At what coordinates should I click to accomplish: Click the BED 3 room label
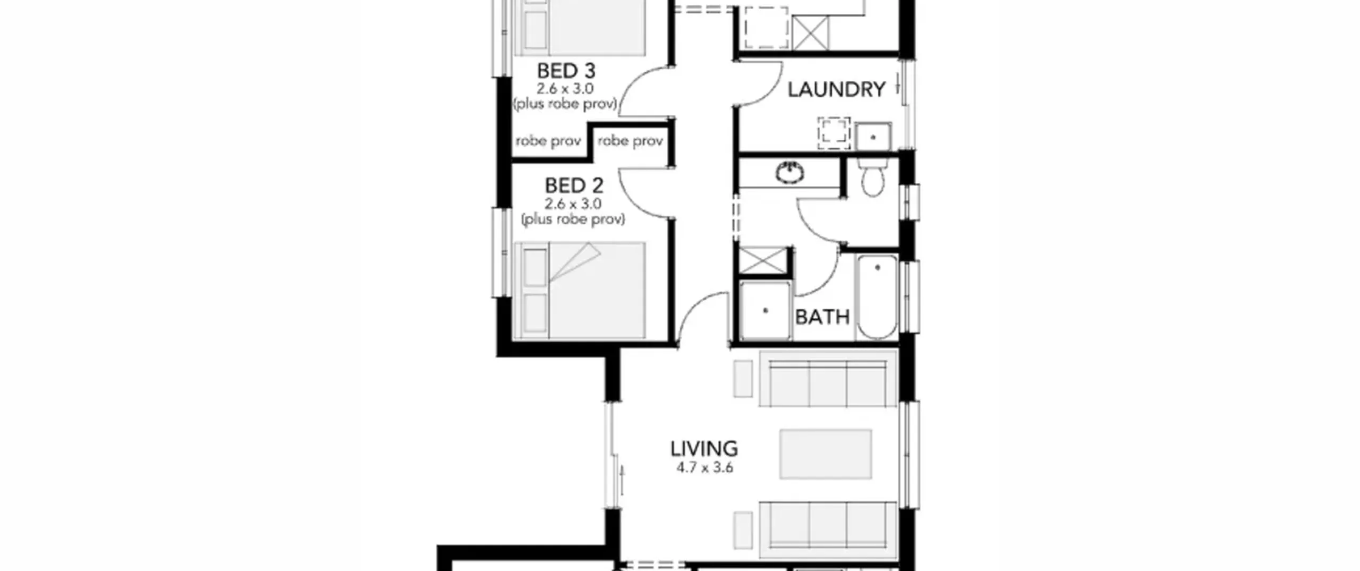pos(566,71)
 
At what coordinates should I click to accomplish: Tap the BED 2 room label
pos(574,186)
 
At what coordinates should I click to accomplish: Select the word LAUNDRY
pos(836,90)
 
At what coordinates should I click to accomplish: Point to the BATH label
pos(822,317)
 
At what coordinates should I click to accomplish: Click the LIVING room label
pos(704,449)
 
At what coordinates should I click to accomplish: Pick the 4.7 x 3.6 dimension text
pos(704,468)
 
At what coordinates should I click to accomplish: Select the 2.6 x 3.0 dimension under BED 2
pos(573,203)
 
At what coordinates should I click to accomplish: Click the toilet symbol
pos(872,175)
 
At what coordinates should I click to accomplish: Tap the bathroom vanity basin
pos(790,172)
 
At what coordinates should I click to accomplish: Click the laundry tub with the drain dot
pos(873,137)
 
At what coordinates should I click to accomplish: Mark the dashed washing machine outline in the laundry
pos(834,133)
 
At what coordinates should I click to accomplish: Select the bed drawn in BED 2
pos(580,291)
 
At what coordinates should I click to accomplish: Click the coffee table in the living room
pos(826,454)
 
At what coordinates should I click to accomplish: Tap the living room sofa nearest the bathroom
pos(828,379)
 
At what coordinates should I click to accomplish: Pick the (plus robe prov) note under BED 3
pos(565,104)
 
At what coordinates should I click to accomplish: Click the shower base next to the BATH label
pos(765,311)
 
